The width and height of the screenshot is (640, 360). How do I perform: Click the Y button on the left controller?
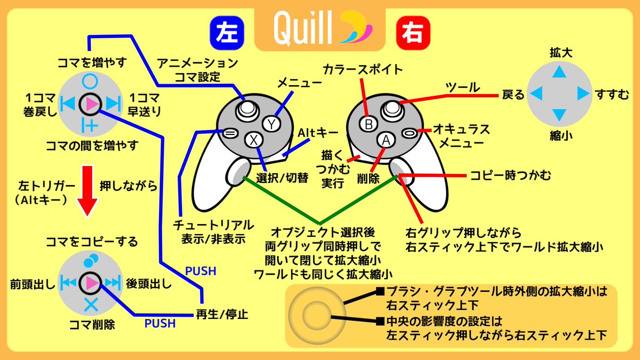coord(271,124)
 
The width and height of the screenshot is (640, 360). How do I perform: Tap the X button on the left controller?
coord(254,140)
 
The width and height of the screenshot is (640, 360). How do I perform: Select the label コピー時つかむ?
coord(510,174)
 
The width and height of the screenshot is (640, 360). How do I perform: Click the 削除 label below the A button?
coord(368,179)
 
